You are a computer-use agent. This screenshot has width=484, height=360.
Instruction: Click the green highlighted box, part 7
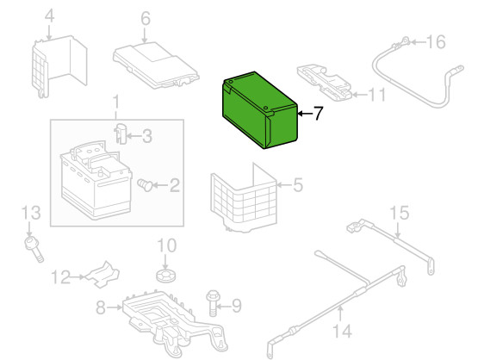260,110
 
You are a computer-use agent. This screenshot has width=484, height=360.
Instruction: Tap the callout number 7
318,114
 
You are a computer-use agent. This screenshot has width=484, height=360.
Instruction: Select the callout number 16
436,41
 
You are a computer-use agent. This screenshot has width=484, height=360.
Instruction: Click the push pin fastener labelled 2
145,184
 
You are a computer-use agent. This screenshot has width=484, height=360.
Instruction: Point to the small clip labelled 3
121,133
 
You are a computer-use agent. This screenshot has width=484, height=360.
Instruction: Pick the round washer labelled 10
166,275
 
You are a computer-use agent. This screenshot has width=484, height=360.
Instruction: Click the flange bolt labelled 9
213,303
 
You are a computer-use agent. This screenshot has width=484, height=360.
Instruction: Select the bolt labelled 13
34,250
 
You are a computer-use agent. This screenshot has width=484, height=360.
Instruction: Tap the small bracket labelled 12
103,274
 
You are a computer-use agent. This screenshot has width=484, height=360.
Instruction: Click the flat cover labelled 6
156,65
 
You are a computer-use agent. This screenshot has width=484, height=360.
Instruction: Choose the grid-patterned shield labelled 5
244,199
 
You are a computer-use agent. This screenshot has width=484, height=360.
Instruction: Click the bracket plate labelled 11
324,83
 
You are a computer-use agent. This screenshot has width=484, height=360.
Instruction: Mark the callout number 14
343,332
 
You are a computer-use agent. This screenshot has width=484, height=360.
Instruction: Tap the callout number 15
400,213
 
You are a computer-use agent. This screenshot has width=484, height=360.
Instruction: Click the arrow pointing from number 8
115,307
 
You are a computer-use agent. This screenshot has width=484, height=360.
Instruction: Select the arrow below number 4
49,32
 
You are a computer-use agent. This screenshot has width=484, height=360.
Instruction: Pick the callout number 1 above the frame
115,102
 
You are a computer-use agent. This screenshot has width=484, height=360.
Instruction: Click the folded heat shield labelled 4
59,66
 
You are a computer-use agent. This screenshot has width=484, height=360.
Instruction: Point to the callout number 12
61,277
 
